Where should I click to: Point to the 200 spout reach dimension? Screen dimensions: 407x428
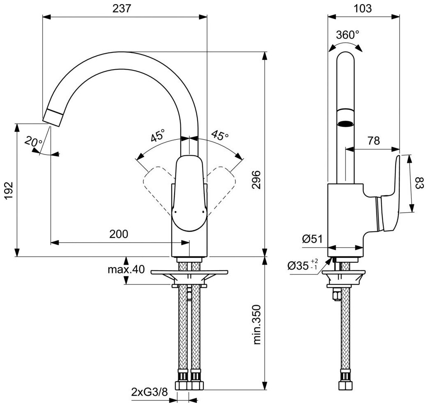(x=119, y=234)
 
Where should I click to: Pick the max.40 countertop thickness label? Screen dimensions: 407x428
(x=126, y=269)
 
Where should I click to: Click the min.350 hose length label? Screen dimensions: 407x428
(x=257, y=324)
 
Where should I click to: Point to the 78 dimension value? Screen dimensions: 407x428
(x=373, y=141)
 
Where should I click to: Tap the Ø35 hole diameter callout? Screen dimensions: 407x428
(x=301, y=266)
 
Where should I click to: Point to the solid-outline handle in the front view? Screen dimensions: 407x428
(x=189, y=193)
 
